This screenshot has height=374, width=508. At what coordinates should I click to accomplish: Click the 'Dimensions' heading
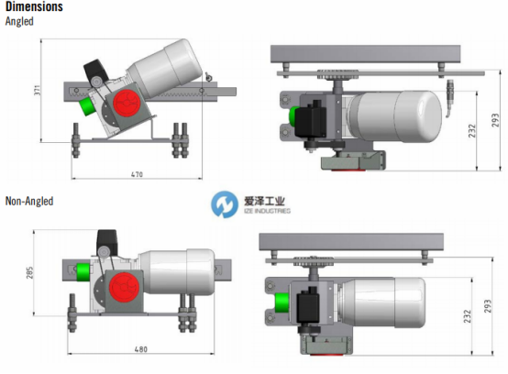click(x=34, y=6)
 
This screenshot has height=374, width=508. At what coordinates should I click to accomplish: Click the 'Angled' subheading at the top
click(x=19, y=21)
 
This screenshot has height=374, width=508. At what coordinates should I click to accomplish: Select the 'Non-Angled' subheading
click(x=29, y=201)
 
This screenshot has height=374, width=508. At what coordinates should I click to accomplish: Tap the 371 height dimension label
click(x=38, y=90)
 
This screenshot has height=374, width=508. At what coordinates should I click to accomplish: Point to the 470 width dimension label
click(x=137, y=174)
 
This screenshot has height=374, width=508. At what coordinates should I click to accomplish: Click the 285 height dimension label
click(x=29, y=272)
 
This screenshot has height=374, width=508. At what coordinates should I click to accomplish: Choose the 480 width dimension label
click(x=141, y=349)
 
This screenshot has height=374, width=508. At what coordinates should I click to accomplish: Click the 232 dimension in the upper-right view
click(x=472, y=130)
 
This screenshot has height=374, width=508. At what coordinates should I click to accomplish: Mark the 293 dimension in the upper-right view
click(x=495, y=120)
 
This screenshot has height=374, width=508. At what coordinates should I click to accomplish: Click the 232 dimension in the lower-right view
click(x=467, y=316)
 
